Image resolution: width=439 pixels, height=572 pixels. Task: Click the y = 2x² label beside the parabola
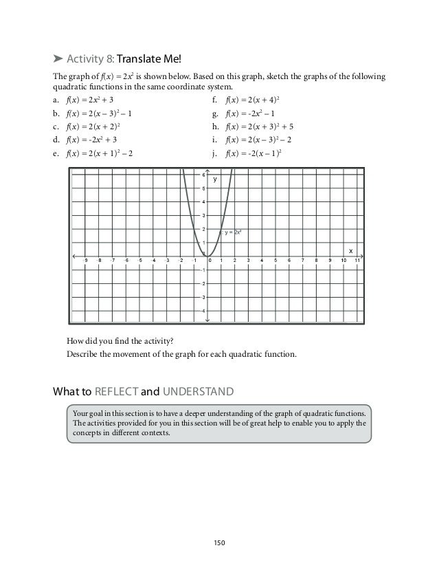tap(233, 233)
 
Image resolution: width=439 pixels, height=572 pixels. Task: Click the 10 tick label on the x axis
tap(344, 261)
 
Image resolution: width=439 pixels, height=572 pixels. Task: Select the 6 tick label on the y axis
tap(203, 175)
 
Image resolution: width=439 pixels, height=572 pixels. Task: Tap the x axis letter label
tap(350, 250)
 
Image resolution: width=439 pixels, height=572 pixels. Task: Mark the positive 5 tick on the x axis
tap(275, 261)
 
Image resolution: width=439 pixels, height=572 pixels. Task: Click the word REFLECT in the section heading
tap(113, 393)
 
